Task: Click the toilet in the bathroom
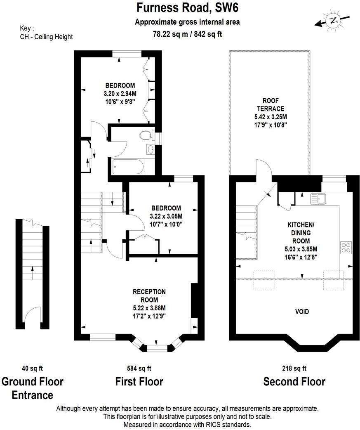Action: click(145, 135)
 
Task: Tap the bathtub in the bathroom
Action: click(126, 168)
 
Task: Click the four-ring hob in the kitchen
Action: click(346, 247)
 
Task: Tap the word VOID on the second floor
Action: click(302, 312)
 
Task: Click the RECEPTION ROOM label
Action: click(149, 295)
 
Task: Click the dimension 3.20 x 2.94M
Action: click(120, 93)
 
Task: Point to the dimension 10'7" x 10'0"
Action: click(166, 224)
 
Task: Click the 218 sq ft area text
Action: click(294, 368)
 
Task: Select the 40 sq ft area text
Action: click(32, 368)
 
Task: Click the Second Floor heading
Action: click(294, 382)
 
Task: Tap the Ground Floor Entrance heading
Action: click(33, 388)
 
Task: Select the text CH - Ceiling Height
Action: click(46, 37)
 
